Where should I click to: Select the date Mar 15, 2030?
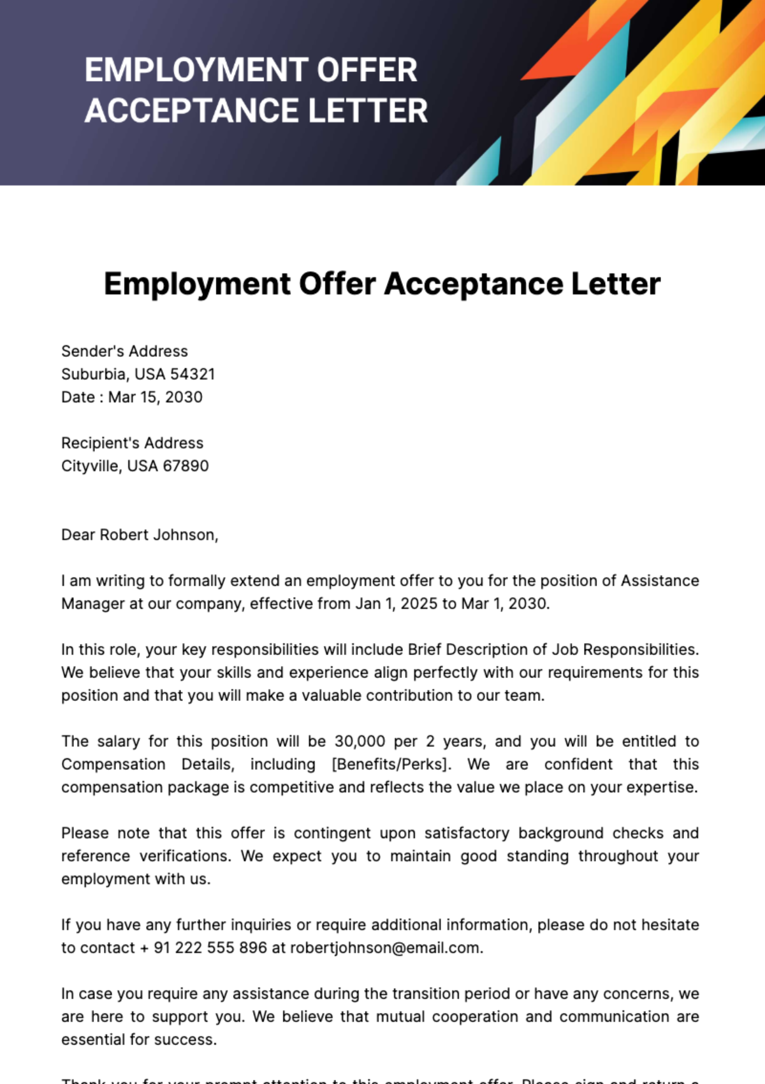[156, 397]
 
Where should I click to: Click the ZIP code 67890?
[186, 466]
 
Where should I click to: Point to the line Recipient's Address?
[132, 443]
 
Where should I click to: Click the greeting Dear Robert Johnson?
[139, 535]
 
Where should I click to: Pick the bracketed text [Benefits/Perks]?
[391, 764]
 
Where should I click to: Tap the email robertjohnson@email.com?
[384, 948]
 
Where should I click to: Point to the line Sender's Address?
[124, 351]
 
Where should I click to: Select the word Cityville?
[91, 466]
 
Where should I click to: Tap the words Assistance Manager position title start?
[660, 581]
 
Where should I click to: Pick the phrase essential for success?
[138, 1039]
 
